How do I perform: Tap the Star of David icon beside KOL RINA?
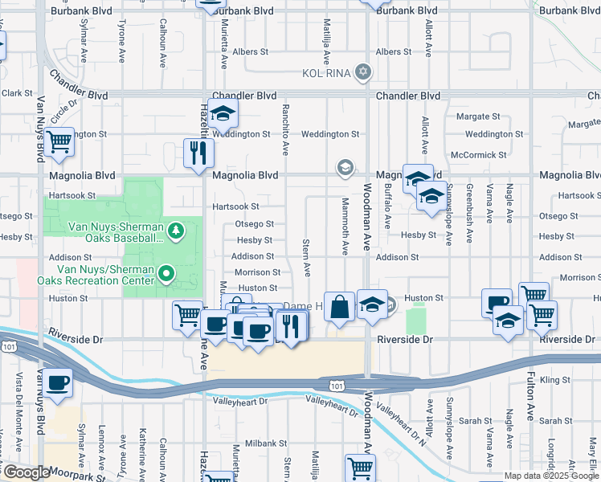pyautogui.click(x=363, y=73)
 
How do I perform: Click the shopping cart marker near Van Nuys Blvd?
pyautogui.click(x=59, y=143)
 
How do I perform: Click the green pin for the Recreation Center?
pyautogui.click(x=166, y=274)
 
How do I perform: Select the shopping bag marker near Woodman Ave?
pyautogui.click(x=340, y=307)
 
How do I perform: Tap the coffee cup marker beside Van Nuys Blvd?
pyautogui.click(x=57, y=382)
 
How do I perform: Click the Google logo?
pyautogui.click(x=26, y=472)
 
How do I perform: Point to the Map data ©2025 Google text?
pyautogui.click(x=550, y=476)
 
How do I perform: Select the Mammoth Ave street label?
pyautogui.click(x=345, y=227)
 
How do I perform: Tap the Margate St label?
pyautogui.click(x=478, y=116)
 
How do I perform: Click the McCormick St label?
pyautogui.click(x=477, y=154)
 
